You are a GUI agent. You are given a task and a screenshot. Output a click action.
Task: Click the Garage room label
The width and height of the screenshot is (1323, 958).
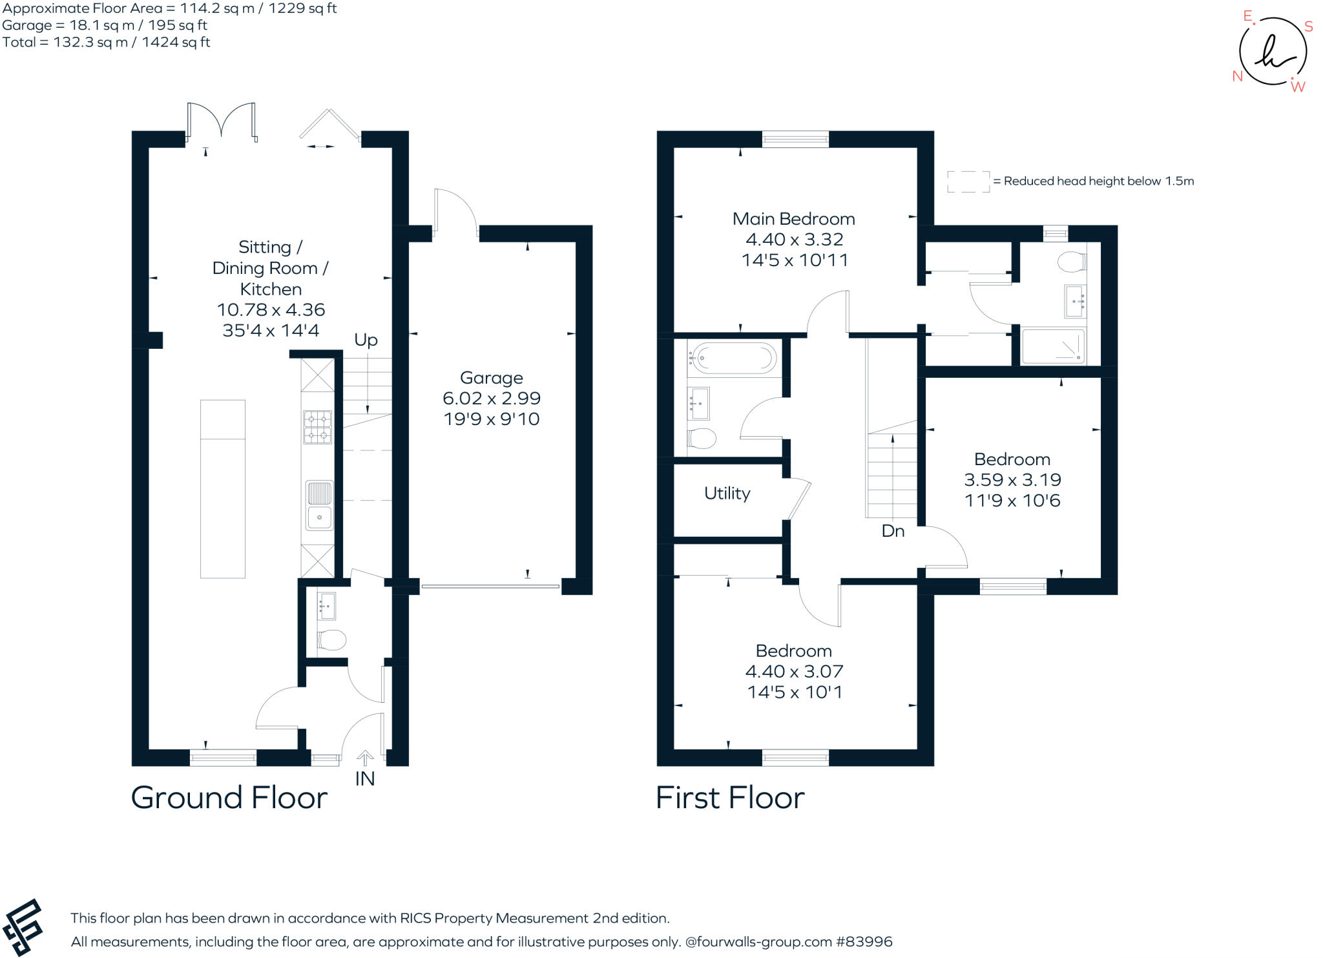point(491,378)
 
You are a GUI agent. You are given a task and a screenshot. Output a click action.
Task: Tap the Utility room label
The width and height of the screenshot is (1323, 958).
point(727,494)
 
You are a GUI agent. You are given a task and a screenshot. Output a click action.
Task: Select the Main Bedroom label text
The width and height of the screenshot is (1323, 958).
point(793,219)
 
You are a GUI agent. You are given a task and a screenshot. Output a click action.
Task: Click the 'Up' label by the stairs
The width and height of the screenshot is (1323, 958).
point(366,340)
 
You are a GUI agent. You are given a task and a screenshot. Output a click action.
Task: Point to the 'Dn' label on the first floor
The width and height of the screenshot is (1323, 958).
point(893,531)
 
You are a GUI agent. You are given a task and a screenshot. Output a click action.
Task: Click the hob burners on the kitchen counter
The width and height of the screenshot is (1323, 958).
point(318,427)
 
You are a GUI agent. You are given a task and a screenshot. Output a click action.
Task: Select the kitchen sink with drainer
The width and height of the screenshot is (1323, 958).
point(318,505)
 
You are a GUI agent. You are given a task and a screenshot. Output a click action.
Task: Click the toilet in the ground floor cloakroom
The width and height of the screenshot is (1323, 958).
point(331,640)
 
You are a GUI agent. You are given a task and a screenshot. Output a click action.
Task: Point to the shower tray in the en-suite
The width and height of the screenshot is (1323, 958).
point(1053,346)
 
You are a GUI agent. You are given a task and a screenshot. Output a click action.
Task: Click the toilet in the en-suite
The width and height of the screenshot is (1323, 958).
point(1072,262)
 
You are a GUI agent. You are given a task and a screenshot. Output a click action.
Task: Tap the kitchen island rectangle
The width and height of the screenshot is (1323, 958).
point(222,488)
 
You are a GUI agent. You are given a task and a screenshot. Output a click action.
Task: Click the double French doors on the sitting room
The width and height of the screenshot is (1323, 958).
point(221,121)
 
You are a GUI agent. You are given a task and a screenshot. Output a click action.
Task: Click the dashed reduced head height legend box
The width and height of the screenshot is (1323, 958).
point(968,182)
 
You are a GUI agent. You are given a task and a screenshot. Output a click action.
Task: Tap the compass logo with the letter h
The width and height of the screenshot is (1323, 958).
point(1272,52)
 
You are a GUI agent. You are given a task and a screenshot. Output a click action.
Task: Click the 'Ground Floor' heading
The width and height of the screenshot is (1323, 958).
point(229,798)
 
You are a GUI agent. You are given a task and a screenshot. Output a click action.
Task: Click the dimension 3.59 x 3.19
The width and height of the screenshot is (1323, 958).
point(1012,480)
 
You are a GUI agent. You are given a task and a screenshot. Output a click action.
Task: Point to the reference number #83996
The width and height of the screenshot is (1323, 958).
point(864,942)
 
